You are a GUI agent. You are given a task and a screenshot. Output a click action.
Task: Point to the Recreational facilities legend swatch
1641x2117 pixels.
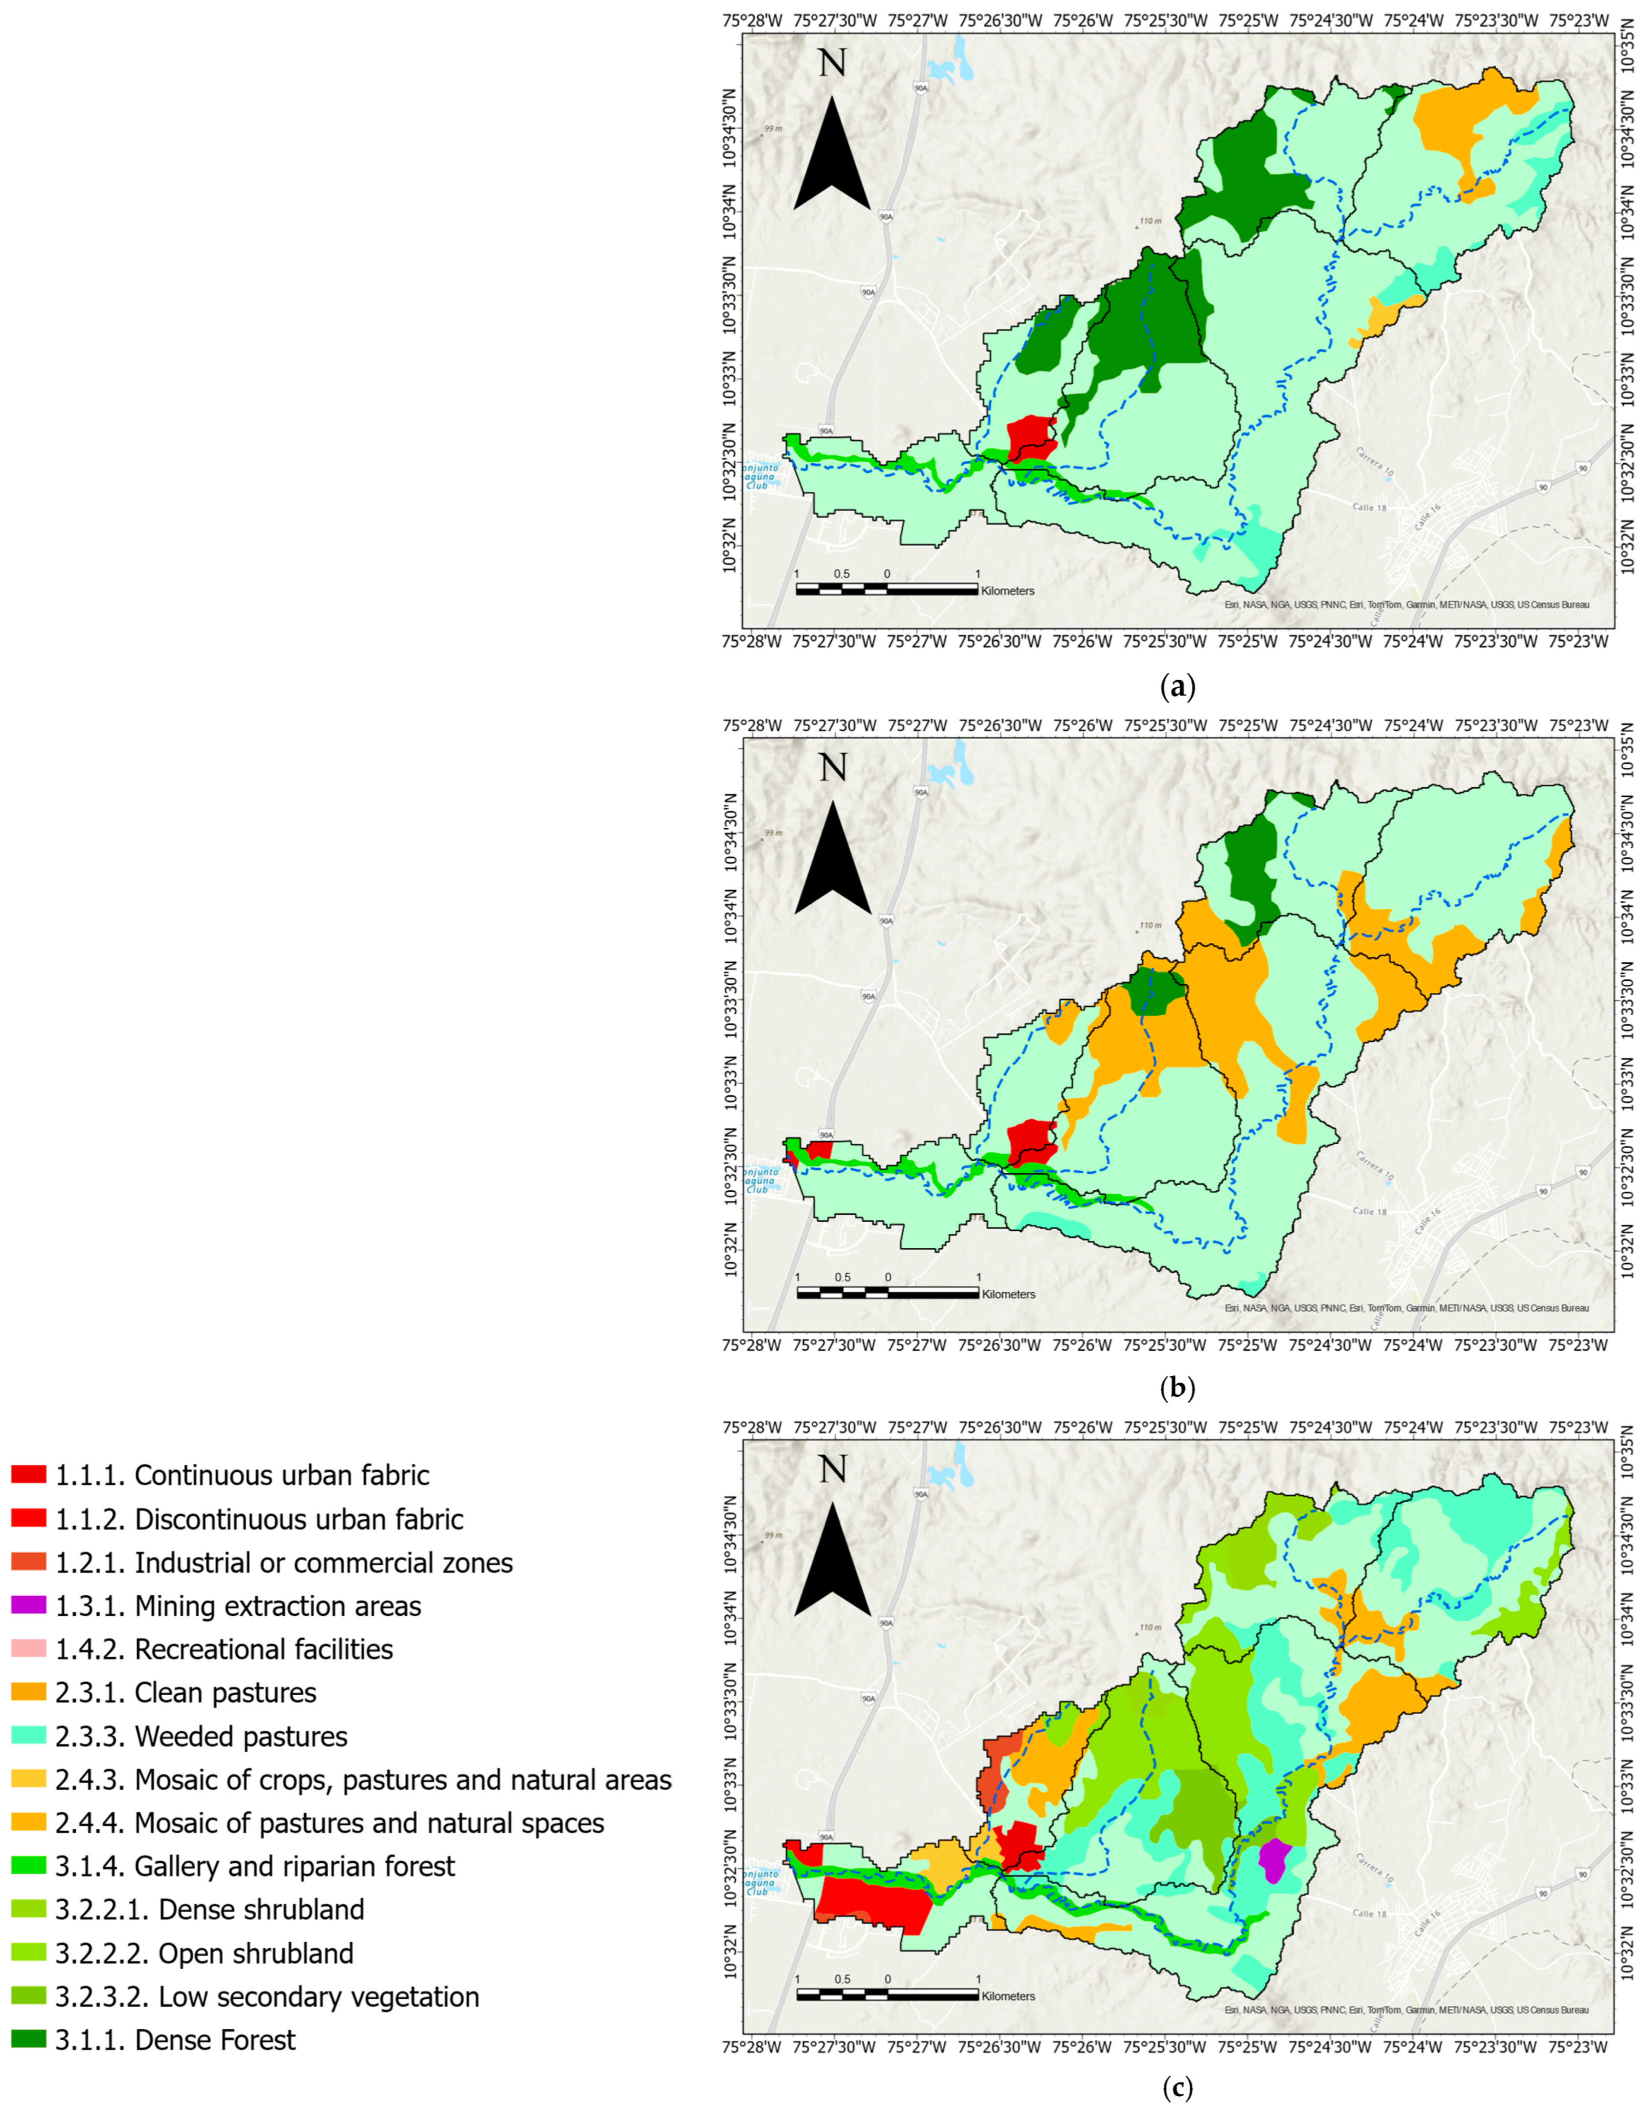coord(28,1649)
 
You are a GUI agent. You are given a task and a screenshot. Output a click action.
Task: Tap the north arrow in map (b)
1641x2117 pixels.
coord(832,858)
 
